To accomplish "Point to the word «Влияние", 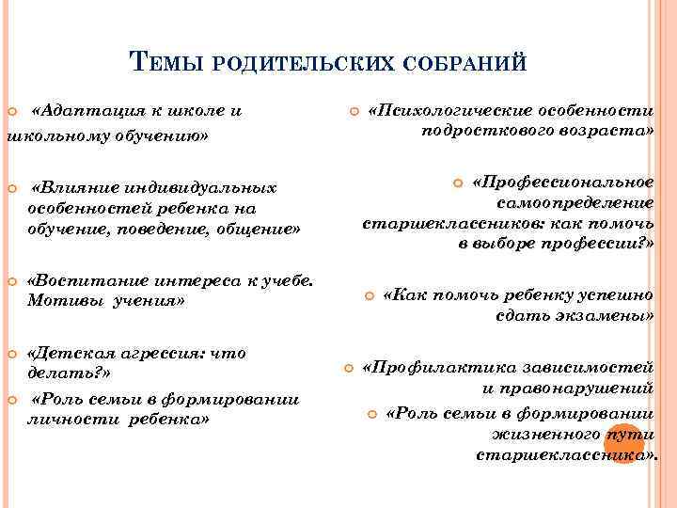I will [74, 186].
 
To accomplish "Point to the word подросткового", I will [480, 133].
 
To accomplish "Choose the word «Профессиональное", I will [562, 181].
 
